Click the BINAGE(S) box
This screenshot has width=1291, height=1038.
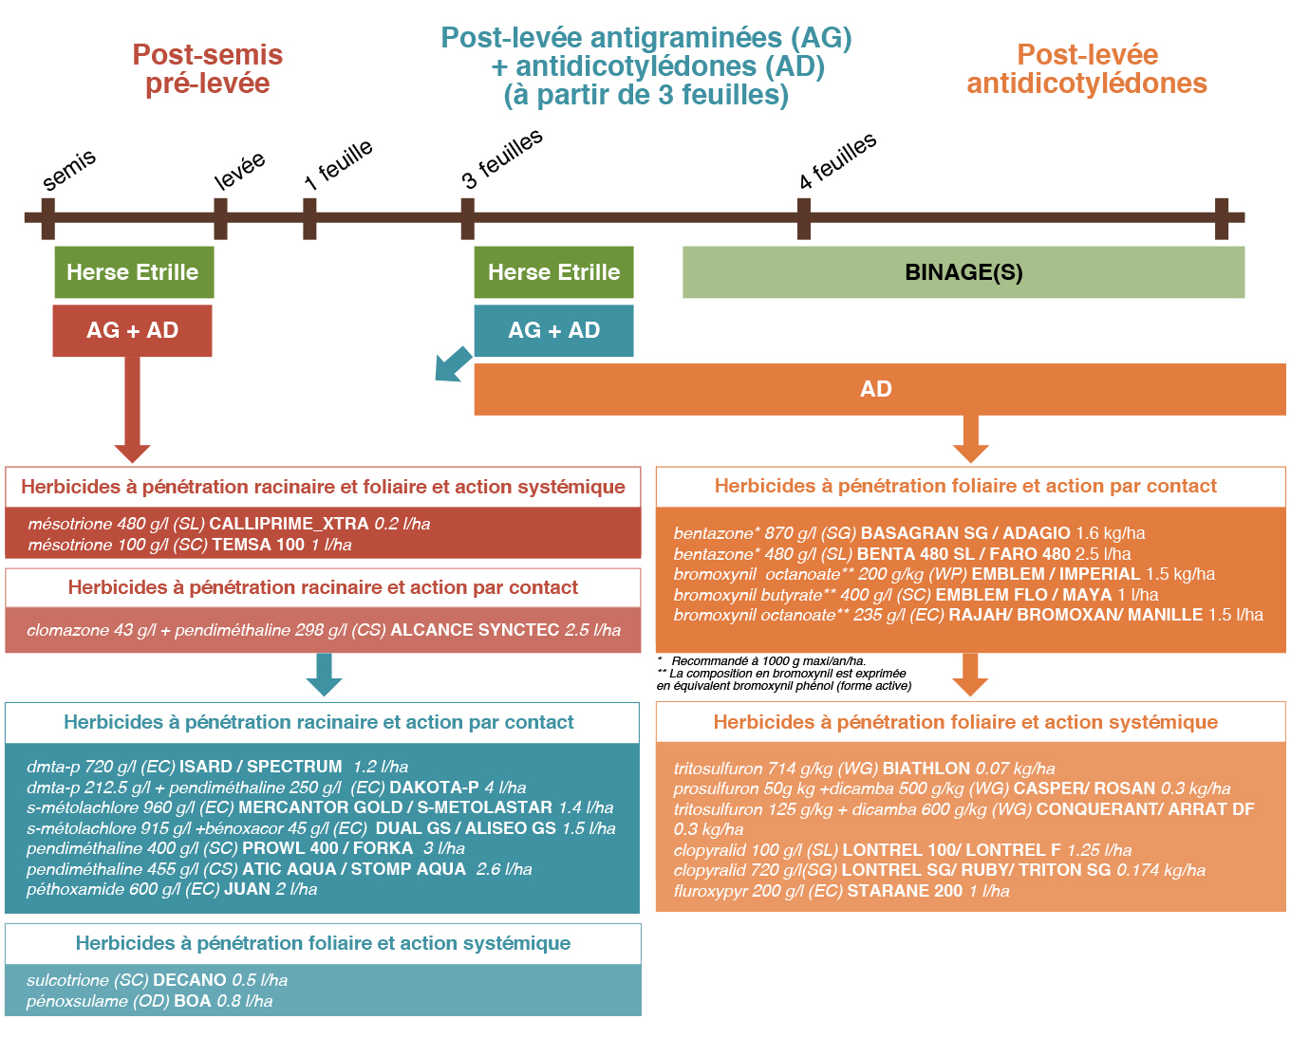tap(963, 271)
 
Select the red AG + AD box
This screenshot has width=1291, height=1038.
tap(132, 330)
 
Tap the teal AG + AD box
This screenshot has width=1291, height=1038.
tap(553, 330)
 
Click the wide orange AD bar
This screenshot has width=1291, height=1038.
tap(879, 389)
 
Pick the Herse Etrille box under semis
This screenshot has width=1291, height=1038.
tap(134, 271)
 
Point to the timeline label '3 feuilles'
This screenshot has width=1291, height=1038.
tap(502, 158)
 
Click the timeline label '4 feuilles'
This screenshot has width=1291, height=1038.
tap(837, 160)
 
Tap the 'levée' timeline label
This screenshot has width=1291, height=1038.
tap(240, 170)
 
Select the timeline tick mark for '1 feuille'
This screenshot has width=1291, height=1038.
tap(309, 218)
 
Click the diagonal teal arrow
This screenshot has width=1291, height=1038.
tap(453, 364)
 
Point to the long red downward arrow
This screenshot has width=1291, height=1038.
tap(132, 410)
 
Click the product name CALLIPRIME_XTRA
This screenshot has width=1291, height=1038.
tap(289, 524)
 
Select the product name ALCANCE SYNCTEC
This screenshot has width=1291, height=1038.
tap(475, 630)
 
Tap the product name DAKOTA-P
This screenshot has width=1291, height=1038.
tap(434, 787)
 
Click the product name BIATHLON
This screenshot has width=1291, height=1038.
tap(926, 769)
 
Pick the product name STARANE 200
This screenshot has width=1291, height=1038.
tap(905, 891)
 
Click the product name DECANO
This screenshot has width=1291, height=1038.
tap(190, 980)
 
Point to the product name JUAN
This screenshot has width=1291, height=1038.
tap(247, 889)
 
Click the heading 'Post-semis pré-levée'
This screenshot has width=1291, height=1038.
tap(208, 69)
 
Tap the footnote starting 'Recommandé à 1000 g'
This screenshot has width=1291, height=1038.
tap(769, 660)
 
